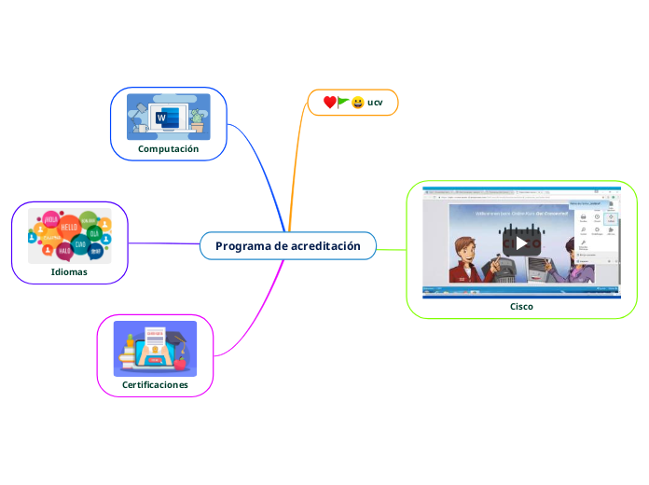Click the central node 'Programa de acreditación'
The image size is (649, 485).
287,246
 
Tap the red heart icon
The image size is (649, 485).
329,102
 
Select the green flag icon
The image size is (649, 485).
343,101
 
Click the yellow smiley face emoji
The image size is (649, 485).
357,102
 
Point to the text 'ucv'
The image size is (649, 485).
375,102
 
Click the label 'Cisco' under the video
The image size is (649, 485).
522,306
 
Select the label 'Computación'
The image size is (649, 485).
169,148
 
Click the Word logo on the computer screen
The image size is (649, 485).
162,118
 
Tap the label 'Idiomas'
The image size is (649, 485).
70,272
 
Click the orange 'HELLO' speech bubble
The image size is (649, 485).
69,227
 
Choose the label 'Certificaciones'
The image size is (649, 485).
155,384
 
